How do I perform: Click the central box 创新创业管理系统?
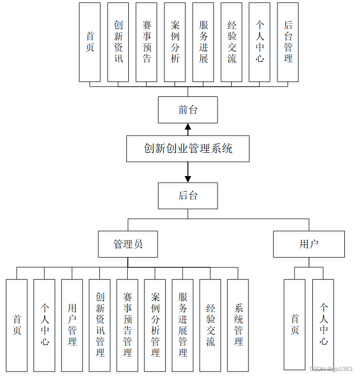click(188, 149)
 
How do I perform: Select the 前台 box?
click(188, 110)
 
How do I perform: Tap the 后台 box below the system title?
click(188, 196)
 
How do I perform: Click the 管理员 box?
click(128, 244)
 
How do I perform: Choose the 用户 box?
click(309, 244)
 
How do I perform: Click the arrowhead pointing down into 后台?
click(188, 179)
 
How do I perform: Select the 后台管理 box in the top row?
click(288, 42)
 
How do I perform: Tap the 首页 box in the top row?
click(90, 42)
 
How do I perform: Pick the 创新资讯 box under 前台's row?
click(118, 42)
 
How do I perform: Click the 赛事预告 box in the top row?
click(147, 42)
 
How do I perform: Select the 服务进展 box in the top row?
click(203, 42)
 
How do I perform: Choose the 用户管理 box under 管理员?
click(72, 325)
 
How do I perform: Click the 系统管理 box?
click(238, 325)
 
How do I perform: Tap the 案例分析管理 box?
click(155, 325)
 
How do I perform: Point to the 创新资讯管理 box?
click(100, 325)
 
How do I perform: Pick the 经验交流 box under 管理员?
click(210, 325)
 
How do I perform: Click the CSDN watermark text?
click(330, 369)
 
